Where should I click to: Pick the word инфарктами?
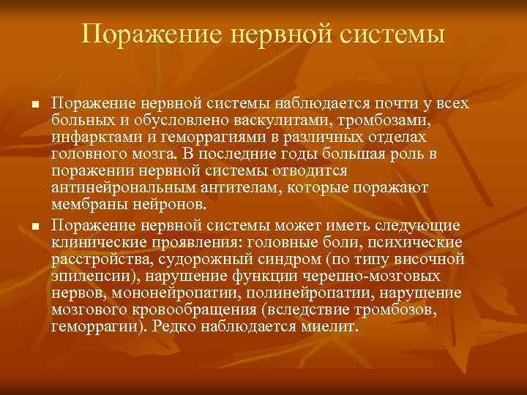point(89,137)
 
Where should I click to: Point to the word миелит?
point(329,326)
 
